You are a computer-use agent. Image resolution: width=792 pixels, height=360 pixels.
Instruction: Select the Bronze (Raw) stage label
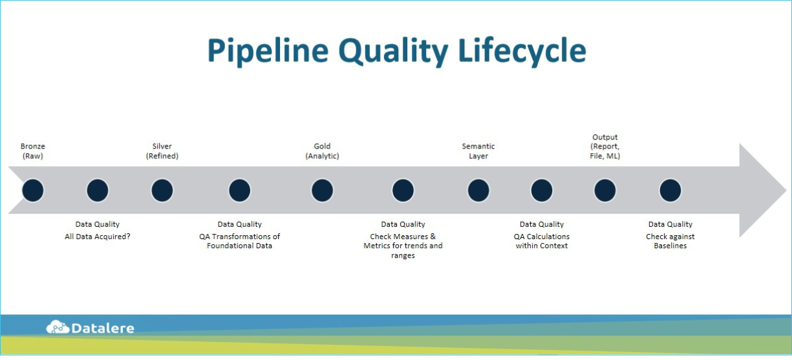[x=32, y=151]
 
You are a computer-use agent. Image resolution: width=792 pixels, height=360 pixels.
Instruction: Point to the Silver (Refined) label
[x=162, y=151]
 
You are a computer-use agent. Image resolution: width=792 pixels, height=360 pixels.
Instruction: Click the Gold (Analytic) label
[x=322, y=151]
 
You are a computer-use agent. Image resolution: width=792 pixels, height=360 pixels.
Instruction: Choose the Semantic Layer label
[x=478, y=151]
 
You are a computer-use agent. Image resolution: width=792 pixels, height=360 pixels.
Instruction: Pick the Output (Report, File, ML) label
[x=605, y=147]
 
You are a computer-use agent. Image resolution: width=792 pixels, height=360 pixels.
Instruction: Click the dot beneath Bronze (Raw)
[x=32, y=191]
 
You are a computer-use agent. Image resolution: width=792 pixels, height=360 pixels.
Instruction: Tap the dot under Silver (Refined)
[x=162, y=191]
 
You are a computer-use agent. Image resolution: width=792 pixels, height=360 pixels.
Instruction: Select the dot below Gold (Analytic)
[x=322, y=191]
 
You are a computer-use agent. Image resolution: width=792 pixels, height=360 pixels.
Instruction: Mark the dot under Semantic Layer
[x=478, y=191]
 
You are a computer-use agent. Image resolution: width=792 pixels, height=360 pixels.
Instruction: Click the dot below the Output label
[x=605, y=191]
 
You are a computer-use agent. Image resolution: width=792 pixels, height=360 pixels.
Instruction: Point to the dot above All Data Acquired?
[x=98, y=191]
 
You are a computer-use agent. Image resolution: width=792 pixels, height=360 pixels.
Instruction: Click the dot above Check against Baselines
[x=670, y=191]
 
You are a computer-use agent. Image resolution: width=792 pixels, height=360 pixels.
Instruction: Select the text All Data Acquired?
[x=98, y=237]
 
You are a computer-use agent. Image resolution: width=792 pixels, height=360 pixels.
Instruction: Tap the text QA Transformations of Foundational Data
[x=239, y=241]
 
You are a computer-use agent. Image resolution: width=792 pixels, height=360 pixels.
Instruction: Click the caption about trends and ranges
[x=403, y=246]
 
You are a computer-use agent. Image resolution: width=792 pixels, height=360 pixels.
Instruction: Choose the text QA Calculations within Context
[x=542, y=241]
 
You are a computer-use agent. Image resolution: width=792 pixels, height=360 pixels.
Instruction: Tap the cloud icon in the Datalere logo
[x=58, y=328]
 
